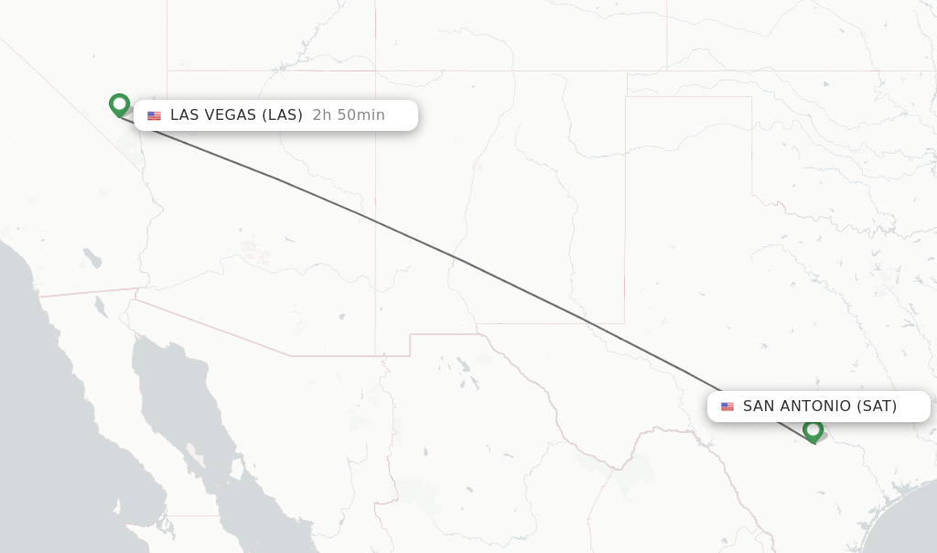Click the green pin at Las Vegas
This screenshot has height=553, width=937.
[x=119, y=104]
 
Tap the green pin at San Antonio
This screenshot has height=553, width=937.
[x=813, y=430]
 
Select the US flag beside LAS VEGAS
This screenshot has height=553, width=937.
[x=154, y=115]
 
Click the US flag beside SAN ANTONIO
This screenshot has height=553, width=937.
[x=727, y=407]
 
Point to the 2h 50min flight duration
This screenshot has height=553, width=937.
[x=349, y=115]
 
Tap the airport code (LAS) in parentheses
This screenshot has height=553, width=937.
[x=282, y=115]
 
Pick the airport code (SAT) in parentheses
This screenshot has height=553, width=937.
[x=877, y=407]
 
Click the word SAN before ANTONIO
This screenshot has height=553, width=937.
[x=759, y=407]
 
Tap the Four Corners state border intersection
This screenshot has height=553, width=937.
[x=375, y=71]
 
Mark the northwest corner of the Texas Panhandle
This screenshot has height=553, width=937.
[x=626, y=96]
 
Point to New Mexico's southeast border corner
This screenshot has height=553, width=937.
[x=625, y=323]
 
